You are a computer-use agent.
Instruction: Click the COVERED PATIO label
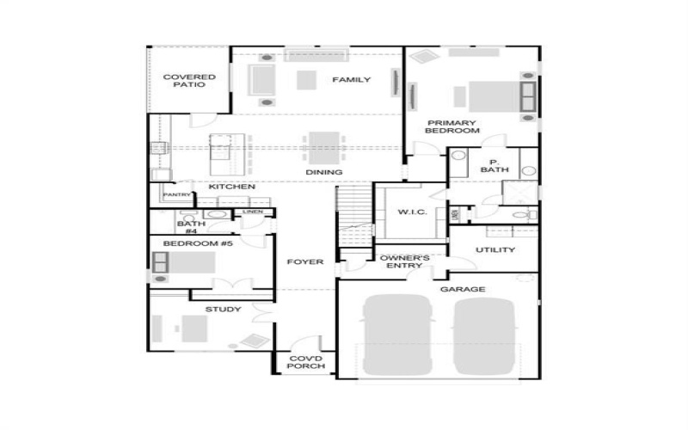click(188, 81)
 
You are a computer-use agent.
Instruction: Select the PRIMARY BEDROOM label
click(452, 126)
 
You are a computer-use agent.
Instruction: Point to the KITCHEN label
click(231, 187)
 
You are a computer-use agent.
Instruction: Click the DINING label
click(324, 172)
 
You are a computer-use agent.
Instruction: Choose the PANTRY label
click(176, 195)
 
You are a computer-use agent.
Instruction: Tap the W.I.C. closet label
click(407, 212)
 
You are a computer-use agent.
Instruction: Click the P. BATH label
click(494, 166)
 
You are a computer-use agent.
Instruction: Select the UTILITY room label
click(494, 250)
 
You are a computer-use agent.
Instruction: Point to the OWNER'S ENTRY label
click(404, 261)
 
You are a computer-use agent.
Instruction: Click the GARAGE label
click(463, 290)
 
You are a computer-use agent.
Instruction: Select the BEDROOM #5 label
click(198, 244)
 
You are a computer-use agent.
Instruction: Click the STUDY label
click(223, 310)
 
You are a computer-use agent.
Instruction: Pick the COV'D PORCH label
click(306, 363)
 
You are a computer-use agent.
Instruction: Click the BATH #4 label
click(191, 228)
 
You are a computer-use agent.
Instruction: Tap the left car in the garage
click(396, 335)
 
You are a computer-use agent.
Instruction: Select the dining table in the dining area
click(323, 144)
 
